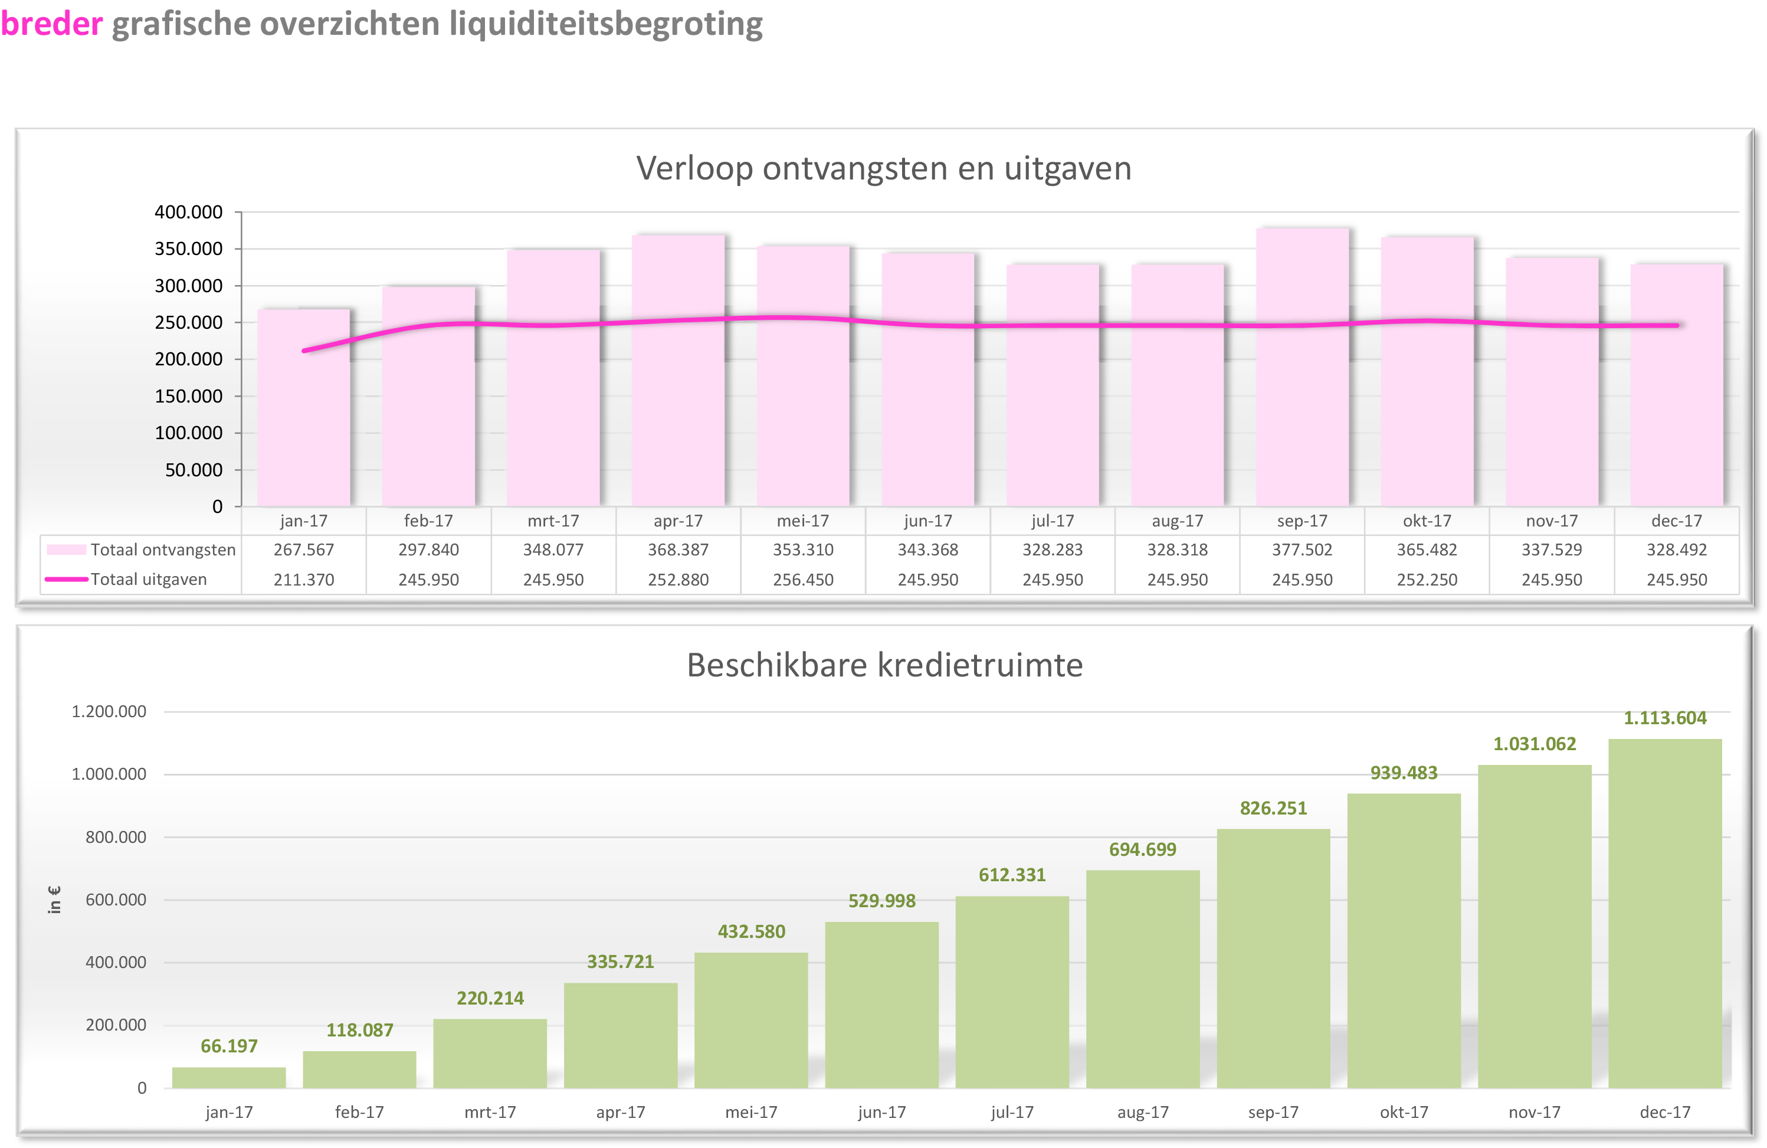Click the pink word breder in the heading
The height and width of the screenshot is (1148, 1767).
[51, 24]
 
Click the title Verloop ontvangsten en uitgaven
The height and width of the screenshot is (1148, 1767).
[884, 169]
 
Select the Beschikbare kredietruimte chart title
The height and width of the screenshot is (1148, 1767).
[884, 665]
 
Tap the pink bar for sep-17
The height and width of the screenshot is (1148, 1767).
[1302, 416]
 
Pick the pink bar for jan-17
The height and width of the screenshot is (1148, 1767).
[304, 431]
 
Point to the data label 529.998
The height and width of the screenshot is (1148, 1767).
[882, 901]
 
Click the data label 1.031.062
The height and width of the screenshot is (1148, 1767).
[1535, 744]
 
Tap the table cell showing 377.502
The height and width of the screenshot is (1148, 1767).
[1302, 550]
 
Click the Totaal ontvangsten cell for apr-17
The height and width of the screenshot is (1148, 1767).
[678, 550]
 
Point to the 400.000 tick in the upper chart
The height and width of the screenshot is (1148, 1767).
[189, 212]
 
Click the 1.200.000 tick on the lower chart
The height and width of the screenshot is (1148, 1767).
[109, 711]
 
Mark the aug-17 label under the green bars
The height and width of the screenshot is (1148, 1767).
[1143, 1111]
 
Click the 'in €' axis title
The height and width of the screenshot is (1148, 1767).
[54, 900]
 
